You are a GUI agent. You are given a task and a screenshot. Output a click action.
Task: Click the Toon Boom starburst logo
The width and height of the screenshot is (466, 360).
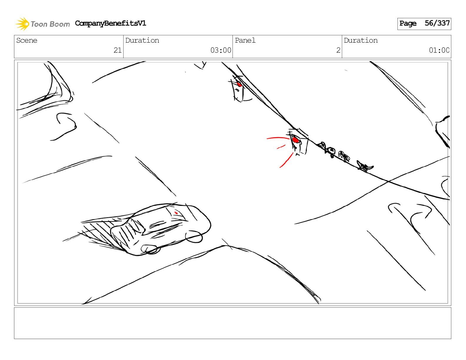click(x=22, y=24)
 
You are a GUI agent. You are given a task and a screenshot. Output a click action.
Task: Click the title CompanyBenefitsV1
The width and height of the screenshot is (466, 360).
click(x=110, y=23)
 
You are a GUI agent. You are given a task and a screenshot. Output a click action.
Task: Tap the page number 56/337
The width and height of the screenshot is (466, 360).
click(x=437, y=23)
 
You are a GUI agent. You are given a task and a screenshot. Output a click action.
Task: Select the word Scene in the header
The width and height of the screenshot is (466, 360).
click(x=27, y=40)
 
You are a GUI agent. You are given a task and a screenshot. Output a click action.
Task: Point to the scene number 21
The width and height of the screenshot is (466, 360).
click(x=117, y=50)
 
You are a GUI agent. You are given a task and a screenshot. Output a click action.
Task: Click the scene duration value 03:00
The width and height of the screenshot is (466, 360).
click(x=221, y=50)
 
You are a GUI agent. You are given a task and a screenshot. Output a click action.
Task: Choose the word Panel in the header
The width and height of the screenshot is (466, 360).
click(x=245, y=40)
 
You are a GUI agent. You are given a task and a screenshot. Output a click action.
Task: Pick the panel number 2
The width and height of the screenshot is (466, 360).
click(x=338, y=50)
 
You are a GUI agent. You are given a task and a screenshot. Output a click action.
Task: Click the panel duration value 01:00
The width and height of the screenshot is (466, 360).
click(x=439, y=50)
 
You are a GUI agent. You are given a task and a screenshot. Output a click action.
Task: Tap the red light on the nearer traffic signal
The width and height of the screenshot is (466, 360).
click(x=296, y=140)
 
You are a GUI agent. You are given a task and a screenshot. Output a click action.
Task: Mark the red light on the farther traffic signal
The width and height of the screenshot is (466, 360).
click(x=239, y=84)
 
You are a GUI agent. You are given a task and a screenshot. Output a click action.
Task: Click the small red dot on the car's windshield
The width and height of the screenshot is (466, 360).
click(x=176, y=213)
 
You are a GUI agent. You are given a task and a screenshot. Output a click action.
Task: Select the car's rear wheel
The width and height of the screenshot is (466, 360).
click(x=194, y=236)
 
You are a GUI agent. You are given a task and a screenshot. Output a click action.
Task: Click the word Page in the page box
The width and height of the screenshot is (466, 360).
click(x=408, y=23)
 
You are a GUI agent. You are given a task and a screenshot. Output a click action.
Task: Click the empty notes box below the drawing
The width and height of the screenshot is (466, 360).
click(x=233, y=323)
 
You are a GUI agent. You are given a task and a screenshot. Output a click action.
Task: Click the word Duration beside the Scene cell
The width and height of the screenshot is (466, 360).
click(x=142, y=40)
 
